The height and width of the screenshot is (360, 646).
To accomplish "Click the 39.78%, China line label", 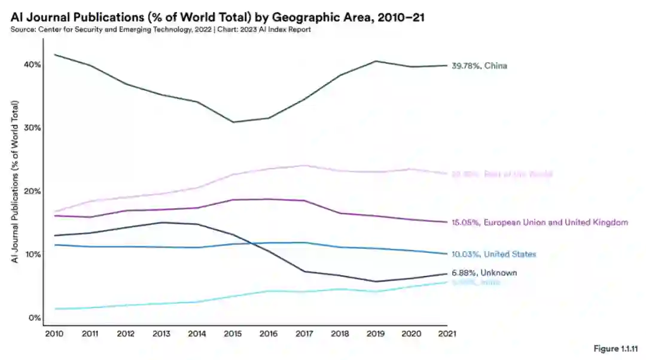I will [x=479, y=66].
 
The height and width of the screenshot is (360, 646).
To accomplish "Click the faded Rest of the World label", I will [x=502, y=174].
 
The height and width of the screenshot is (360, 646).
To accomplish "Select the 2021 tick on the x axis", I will [x=446, y=334].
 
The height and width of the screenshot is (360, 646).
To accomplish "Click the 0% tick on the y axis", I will [x=35, y=318].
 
